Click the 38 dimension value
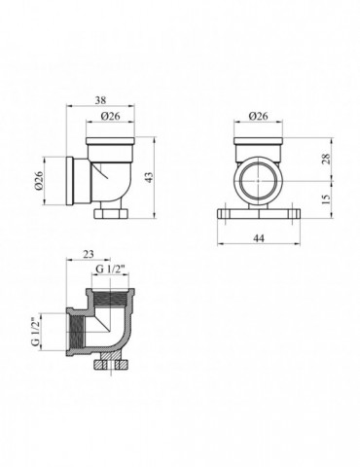(102, 98)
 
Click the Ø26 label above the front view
(258, 117)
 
